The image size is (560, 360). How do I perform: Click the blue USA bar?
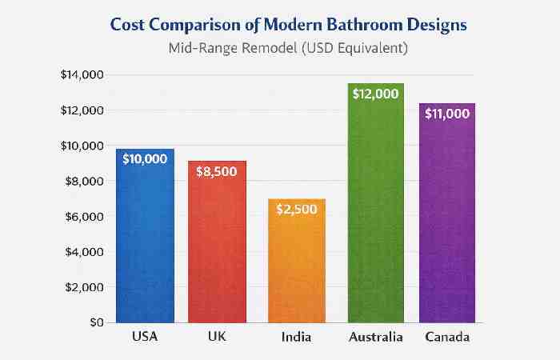[x=145, y=240]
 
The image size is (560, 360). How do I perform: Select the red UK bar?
[x=217, y=248]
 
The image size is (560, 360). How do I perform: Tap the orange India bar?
[x=297, y=268]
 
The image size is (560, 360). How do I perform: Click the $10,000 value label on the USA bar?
[x=145, y=159]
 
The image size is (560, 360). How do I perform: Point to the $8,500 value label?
[x=217, y=172]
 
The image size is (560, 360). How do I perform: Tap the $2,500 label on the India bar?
[x=297, y=210]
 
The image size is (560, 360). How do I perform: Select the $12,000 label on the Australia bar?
[x=375, y=94]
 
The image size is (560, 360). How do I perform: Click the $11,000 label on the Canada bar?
[x=446, y=114]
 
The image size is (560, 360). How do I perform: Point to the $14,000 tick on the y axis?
[x=82, y=75]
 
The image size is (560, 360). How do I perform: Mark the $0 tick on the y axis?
[x=94, y=322]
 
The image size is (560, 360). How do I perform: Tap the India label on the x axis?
[x=297, y=338]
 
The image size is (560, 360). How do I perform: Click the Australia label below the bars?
[x=375, y=338]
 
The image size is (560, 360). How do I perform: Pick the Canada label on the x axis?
[x=446, y=338]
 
